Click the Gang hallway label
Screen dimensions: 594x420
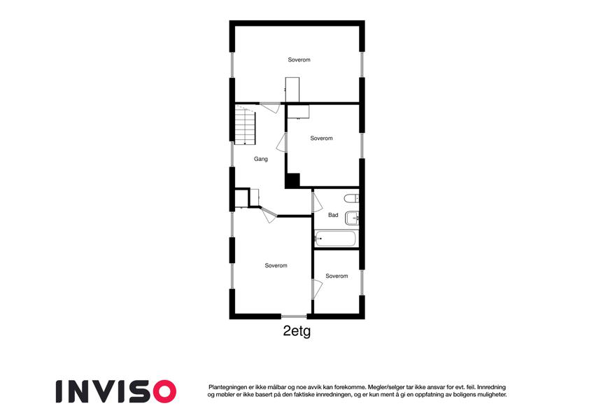[261, 159]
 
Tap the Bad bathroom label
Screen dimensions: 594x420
[333, 215]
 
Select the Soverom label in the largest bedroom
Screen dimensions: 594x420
[299, 59]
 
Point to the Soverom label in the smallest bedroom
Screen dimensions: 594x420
[337, 276]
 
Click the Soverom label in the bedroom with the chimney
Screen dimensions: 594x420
[321, 139]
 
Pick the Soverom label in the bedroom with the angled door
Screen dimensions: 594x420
[276, 265]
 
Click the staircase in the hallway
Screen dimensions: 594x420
[245, 125]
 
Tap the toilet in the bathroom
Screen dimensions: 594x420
[351, 198]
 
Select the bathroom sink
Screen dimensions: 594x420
[352, 218]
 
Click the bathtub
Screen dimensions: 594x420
[336, 239]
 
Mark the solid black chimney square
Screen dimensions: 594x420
[292, 180]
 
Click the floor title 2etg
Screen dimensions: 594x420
[297, 331]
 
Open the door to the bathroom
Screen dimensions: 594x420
[317, 202]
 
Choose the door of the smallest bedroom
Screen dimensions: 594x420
[317, 289]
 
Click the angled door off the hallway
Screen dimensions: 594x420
[269, 214]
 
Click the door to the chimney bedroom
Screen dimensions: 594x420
[281, 143]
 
